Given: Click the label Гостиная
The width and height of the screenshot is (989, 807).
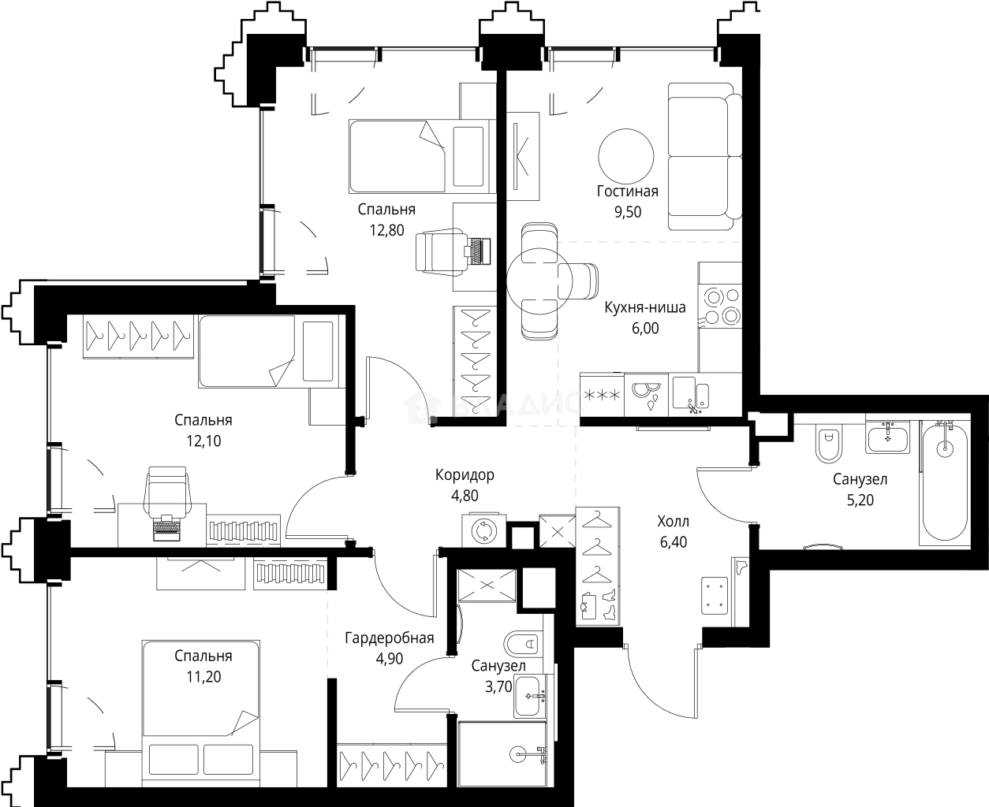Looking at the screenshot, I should (627, 191).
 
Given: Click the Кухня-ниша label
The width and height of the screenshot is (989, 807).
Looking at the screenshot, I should (644, 307).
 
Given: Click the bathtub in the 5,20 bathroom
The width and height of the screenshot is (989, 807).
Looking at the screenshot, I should (943, 482).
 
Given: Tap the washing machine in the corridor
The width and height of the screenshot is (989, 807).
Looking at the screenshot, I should (483, 530).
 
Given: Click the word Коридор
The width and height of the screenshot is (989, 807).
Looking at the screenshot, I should (465, 474).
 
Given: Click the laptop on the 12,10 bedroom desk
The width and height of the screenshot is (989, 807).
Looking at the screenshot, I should (166, 528).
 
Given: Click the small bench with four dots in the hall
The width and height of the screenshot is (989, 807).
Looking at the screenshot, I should (717, 595).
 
